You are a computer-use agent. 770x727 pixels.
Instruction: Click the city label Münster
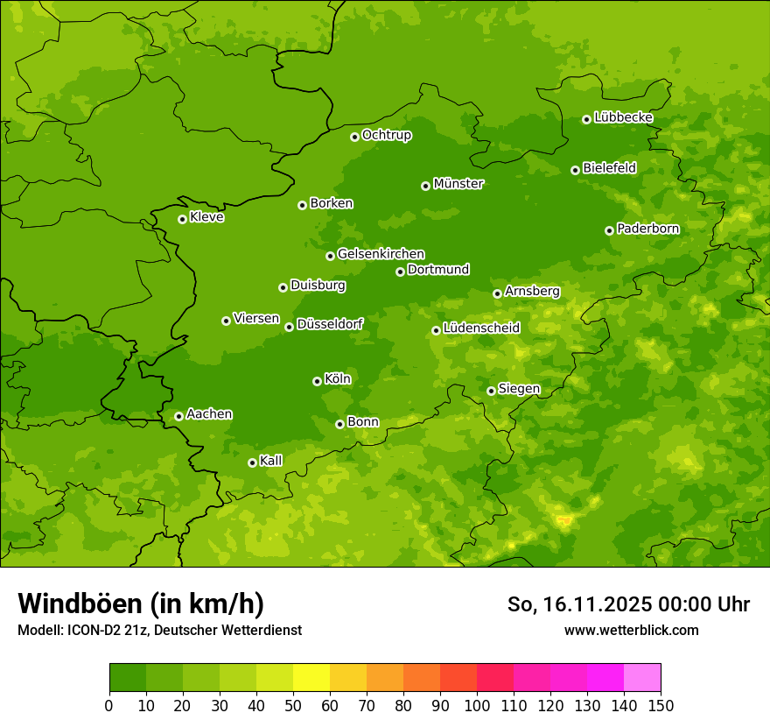pyautogui.click(x=458, y=184)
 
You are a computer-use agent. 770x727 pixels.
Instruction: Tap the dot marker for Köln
pyautogui.click(x=317, y=381)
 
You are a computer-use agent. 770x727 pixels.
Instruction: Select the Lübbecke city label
pyautogui.click(x=623, y=117)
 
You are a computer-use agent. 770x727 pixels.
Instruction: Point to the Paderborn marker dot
pyautogui.click(x=609, y=230)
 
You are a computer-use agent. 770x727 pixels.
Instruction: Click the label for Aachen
pyautogui.click(x=209, y=414)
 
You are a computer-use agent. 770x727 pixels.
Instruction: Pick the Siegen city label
pyautogui.click(x=519, y=389)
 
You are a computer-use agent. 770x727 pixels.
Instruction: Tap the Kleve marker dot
pyautogui.click(x=182, y=219)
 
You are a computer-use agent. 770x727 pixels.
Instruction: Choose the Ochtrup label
pyautogui.click(x=386, y=135)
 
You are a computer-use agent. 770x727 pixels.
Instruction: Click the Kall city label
pyautogui.click(x=270, y=461)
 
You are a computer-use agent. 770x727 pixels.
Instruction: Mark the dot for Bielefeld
pyautogui.click(x=575, y=170)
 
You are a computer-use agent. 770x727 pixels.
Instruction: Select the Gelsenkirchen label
pyautogui.click(x=381, y=254)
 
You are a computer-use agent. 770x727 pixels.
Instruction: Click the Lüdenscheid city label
pyautogui.click(x=481, y=328)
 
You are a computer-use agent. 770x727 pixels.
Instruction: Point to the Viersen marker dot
pyautogui.click(x=226, y=321)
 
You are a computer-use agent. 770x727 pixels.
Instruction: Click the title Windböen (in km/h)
pyautogui.click(x=141, y=603)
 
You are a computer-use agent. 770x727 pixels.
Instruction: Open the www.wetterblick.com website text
pyautogui.click(x=631, y=630)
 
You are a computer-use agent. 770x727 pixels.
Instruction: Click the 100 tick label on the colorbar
pyautogui.click(x=477, y=705)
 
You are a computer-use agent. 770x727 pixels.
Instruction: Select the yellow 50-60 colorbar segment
pyautogui.click(x=311, y=678)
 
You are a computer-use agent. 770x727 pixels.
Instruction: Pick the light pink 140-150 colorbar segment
pyautogui.click(x=642, y=678)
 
